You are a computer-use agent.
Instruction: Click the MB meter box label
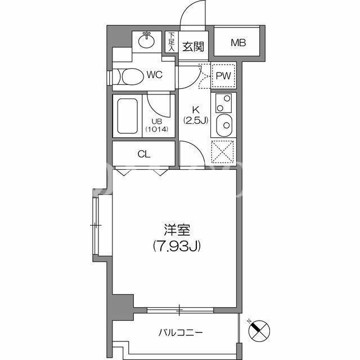[238, 43]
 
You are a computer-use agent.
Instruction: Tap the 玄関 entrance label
[193, 47]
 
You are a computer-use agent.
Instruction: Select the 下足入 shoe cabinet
[172, 42]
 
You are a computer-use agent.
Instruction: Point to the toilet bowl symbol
[130, 76]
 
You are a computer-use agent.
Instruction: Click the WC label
[155, 75]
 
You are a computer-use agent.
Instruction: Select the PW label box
[223, 75]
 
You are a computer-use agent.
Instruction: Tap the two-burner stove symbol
[223, 103]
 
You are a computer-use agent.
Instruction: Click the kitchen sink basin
[224, 125]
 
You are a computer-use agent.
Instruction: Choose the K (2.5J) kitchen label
[196, 115]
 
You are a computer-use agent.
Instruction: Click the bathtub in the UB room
[128, 116]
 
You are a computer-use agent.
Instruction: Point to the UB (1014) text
[157, 125]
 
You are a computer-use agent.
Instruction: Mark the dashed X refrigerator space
[223, 152]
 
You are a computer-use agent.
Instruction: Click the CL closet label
[144, 154]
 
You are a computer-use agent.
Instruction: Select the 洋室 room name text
[177, 229]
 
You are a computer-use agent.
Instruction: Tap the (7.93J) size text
[177, 246]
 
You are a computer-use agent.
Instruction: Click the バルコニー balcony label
[181, 332]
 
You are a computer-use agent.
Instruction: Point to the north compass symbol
[259, 331]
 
